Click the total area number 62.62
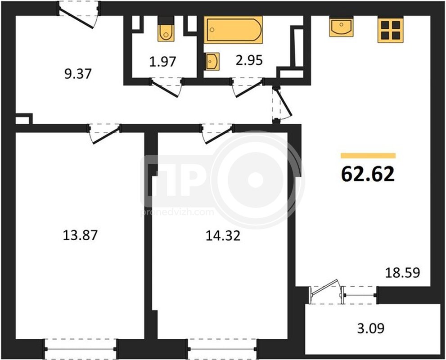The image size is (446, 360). pos(368,174)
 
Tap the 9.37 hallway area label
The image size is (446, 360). pos(78,74)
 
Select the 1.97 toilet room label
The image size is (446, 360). pos(163,61)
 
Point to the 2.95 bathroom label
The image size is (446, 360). pos(249,60)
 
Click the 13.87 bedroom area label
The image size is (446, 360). pos(80,235)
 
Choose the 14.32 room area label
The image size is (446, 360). pos(223,235)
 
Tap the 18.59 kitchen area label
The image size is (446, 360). pos(402,272)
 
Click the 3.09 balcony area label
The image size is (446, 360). pos(371,328)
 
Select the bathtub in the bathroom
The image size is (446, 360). pos(233,30)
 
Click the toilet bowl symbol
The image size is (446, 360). pos(166,29)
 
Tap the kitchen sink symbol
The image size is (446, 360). pos(341,27)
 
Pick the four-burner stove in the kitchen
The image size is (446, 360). pos(391,30)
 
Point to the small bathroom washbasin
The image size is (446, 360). pos(212,61)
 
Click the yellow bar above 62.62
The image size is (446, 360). pos(368,156)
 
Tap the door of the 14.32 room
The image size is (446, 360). pos(217,134)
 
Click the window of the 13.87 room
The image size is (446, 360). pos(81,349)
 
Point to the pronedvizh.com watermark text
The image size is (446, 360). pos(177,212)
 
